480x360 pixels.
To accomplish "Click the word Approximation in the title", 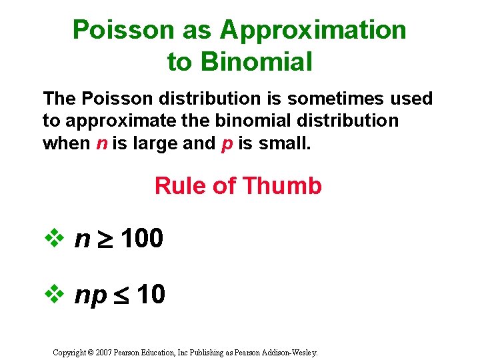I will (313, 30).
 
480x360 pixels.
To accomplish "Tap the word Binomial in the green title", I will (257, 62).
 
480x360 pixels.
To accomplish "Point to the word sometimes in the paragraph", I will (343, 99).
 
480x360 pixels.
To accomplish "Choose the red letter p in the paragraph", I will (225, 143).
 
